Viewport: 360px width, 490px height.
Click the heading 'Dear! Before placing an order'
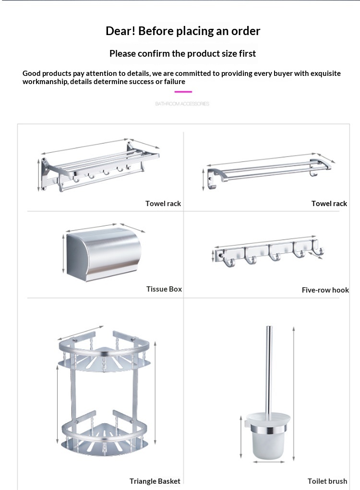coord(183,31)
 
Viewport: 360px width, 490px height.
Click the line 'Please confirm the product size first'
coord(183,53)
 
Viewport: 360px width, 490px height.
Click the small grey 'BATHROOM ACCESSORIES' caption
coord(182,104)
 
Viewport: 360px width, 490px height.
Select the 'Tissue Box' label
coord(164,289)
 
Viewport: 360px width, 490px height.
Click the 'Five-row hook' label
coord(325,290)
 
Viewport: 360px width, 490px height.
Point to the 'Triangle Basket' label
coord(155,481)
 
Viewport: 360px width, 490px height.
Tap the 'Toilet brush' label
coord(327,481)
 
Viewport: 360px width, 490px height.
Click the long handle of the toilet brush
coord(268,370)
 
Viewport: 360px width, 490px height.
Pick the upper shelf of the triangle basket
coord(106,353)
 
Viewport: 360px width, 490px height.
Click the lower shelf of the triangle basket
coord(106,435)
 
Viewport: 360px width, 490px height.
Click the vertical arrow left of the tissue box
coord(63,253)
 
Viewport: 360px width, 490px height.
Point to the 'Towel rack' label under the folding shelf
coord(163,204)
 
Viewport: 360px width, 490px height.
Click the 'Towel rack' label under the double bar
coord(329,204)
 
